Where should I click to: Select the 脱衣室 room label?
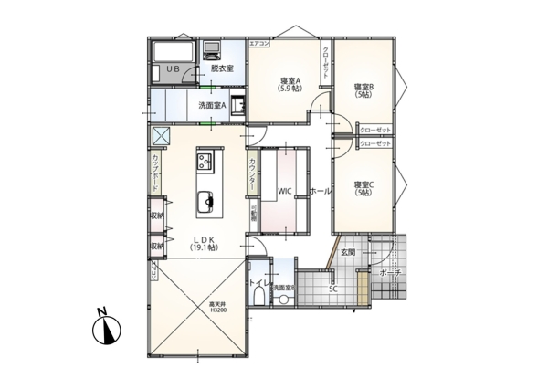pyautogui.click(x=222, y=68)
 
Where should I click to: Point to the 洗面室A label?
pyautogui.click(x=213, y=106)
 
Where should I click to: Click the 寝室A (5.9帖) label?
pyautogui.click(x=291, y=84)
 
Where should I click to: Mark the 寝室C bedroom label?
pyautogui.click(x=364, y=187)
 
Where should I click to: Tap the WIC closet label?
pyautogui.click(x=284, y=192)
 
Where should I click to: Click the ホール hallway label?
pyautogui.click(x=321, y=192)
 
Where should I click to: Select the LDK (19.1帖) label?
pyautogui.click(x=203, y=243)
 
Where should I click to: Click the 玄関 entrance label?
pyautogui.click(x=348, y=251)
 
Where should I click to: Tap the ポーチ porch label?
pyautogui.click(x=391, y=273)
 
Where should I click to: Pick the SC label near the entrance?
pyautogui.click(x=333, y=289)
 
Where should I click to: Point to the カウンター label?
pyautogui.click(x=252, y=173)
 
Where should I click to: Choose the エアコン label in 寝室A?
pyautogui.click(x=259, y=44)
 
